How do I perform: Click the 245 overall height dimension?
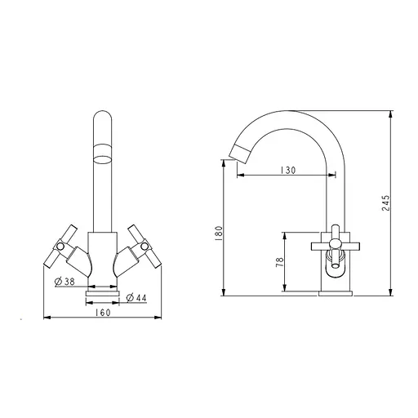(386, 203)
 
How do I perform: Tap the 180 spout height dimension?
(219, 232)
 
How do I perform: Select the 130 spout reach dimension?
(287, 171)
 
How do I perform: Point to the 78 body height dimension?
(280, 262)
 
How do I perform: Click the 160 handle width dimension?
(103, 313)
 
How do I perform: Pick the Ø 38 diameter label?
(64, 282)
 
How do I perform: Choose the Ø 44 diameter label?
(136, 298)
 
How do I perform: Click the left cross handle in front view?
(60, 247)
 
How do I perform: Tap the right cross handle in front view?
(145, 247)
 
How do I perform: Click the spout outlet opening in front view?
(103, 159)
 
